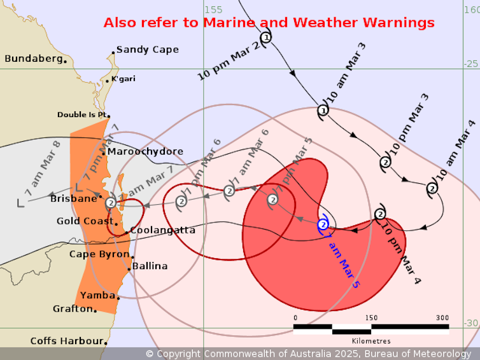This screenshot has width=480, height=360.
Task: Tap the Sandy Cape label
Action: point(147,49)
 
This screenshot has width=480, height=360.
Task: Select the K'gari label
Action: point(123,79)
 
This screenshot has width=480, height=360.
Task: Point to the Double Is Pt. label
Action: point(80,114)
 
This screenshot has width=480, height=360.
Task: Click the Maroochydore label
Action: point(145,151)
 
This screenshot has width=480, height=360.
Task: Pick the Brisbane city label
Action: point(73,198)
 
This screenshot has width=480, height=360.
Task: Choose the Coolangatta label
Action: point(162,230)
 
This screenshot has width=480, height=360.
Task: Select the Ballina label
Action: point(150,266)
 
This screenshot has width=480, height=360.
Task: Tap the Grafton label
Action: point(72,308)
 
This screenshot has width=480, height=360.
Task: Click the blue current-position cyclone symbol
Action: point(323,225)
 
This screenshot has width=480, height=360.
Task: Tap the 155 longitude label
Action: point(214,10)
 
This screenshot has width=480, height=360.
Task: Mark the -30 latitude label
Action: point(471,323)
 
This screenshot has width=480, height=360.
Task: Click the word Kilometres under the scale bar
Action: point(371,342)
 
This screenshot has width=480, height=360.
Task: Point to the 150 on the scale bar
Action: point(371,318)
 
